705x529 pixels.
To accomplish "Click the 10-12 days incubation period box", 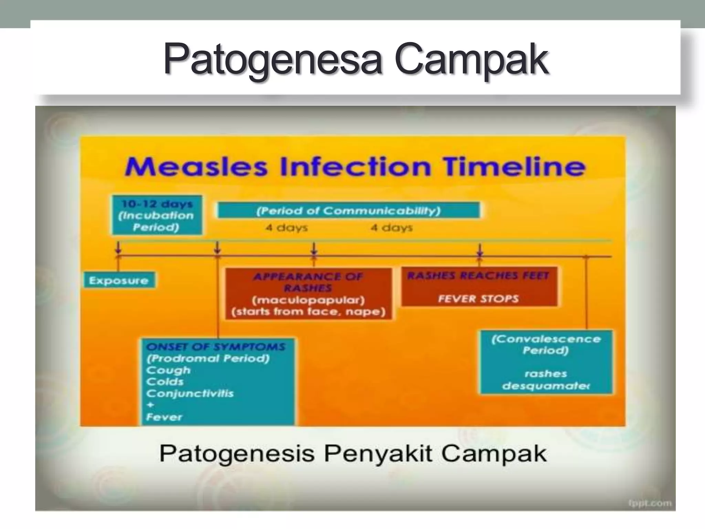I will pyautogui.click(x=157, y=215).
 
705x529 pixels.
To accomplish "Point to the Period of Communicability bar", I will pyautogui.click(x=348, y=210).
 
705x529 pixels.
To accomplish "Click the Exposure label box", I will pyautogui.click(x=119, y=280).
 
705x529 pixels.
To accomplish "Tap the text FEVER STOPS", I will pyautogui.click(x=478, y=298).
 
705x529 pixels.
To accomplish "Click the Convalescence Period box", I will pyautogui.click(x=546, y=362).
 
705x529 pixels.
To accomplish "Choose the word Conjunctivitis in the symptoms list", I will pyautogui.click(x=190, y=393).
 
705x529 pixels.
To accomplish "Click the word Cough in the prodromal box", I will pyautogui.click(x=168, y=370).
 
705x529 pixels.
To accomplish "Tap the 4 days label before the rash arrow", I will pyautogui.click(x=286, y=228).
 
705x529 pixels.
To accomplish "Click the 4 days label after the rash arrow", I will pyautogui.click(x=391, y=228).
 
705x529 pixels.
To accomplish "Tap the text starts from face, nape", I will pyautogui.click(x=308, y=312).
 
